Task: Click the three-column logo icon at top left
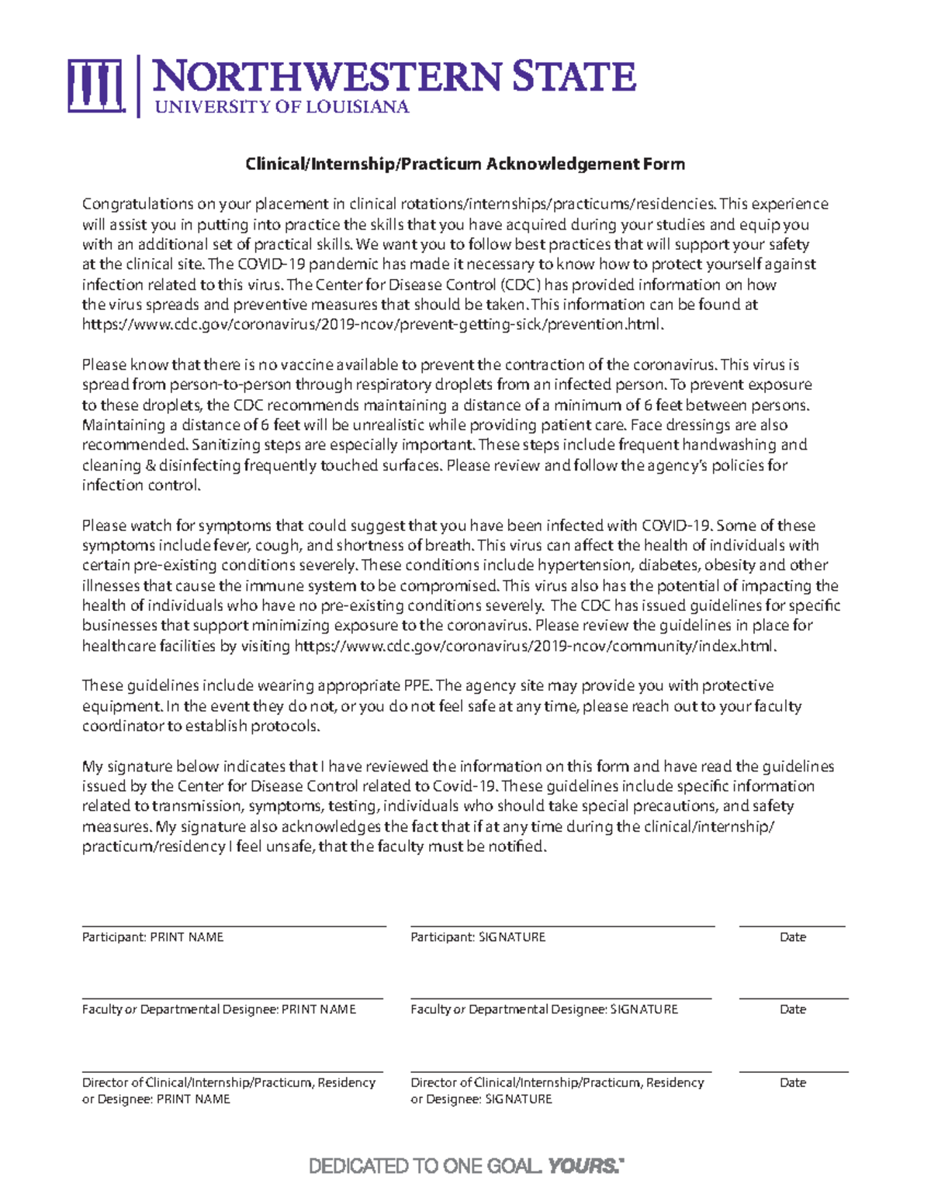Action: point(95,85)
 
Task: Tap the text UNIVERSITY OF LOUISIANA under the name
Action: point(282,107)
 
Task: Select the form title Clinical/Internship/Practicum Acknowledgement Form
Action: point(465,164)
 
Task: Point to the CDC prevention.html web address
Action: point(372,325)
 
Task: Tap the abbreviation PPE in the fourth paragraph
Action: point(418,686)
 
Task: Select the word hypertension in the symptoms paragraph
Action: point(583,565)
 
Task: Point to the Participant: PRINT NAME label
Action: point(153,937)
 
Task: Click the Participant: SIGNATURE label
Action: point(478,937)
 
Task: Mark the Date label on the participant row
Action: point(792,937)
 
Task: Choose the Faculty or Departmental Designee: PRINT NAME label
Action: point(219,1009)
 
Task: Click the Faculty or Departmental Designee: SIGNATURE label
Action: point(544,1009)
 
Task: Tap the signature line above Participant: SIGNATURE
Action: point(562,926)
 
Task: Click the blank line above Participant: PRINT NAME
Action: point(234,926)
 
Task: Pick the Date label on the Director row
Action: point(792,1082)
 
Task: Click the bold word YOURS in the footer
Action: point(583,1166)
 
